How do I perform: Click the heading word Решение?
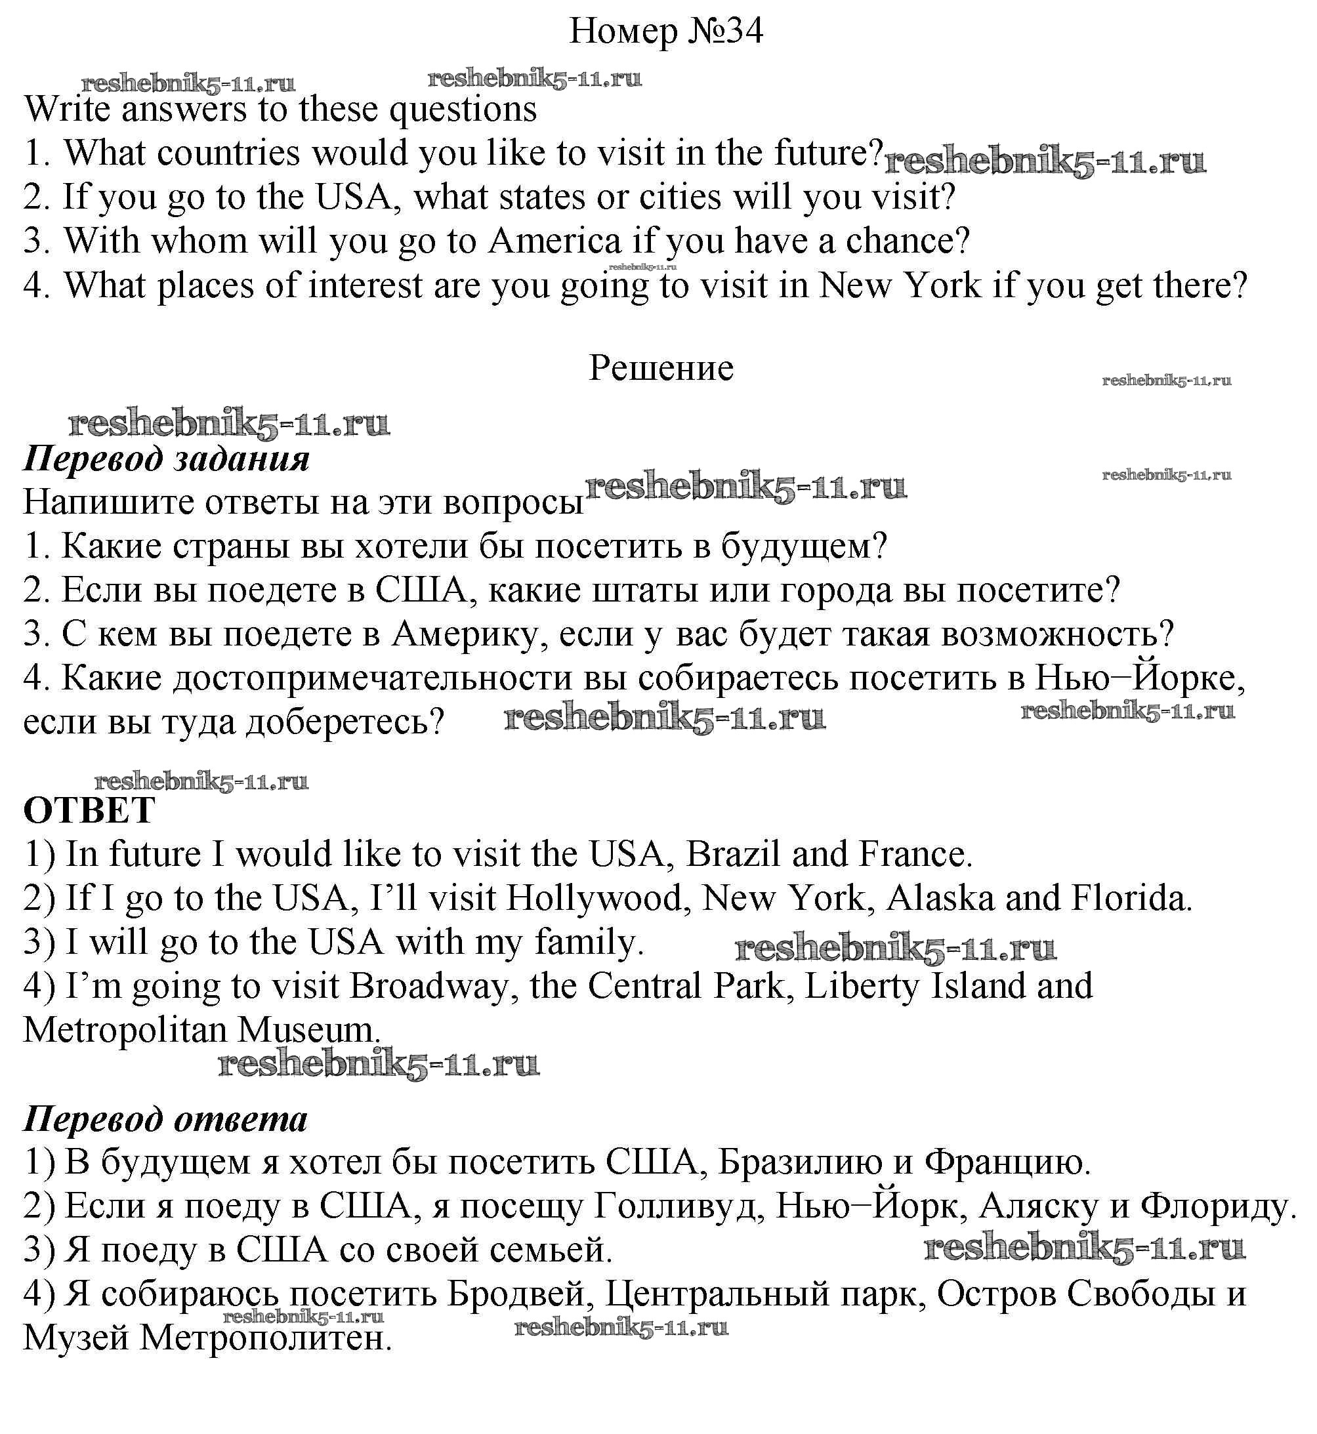point(661,368)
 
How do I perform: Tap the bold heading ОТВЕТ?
point(89,810)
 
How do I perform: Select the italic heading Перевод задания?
point(167,458)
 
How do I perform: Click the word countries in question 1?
point(228,153)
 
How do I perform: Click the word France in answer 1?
point(914,854)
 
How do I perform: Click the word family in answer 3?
point(589,943)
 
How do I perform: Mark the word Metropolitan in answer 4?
point(125,1030)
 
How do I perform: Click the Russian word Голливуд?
point(679,1206)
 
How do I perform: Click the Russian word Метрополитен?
point(266,1338)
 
